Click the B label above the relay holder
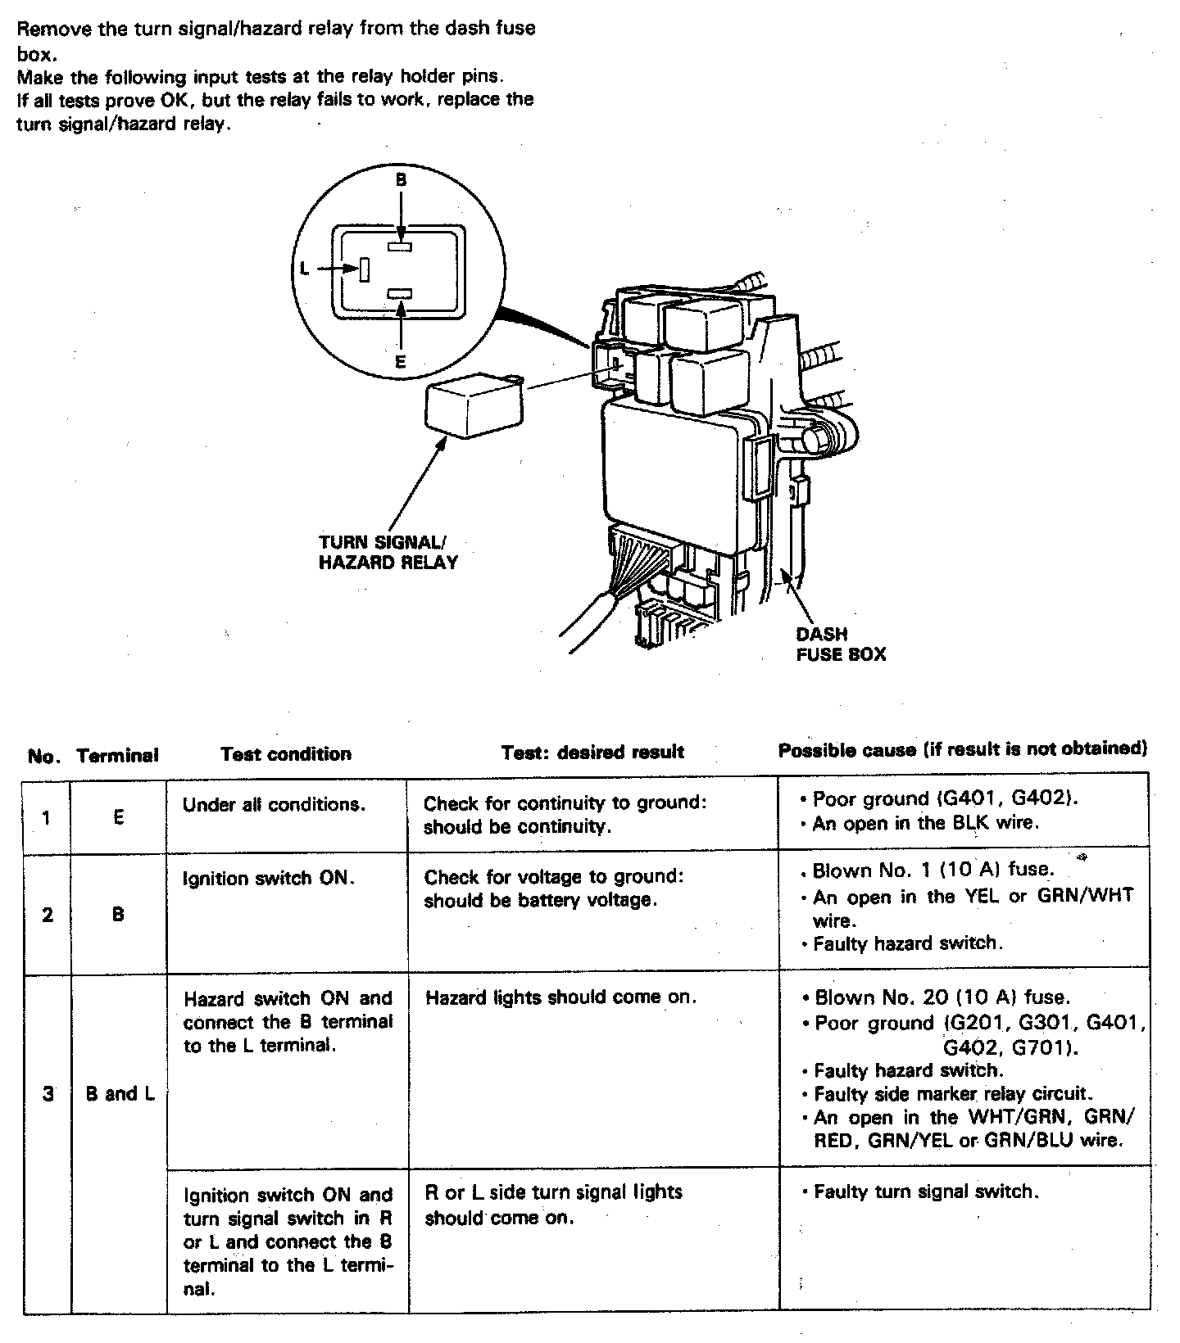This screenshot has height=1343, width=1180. pyautogui.click(x=401, y=180)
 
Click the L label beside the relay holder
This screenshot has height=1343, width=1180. pyautogui.click(x=304, y=268)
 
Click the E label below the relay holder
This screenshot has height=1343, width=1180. pyautogui.click(x=401, y=360)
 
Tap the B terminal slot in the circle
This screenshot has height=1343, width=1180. pyautogui.click(x=400, y=244)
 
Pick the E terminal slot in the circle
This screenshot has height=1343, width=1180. pyautogui.click(x=400, y=293)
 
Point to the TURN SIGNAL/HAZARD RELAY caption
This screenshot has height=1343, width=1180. pyautogui.click(x=388, y=553)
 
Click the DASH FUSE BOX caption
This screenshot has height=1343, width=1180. pyautogui.click(x=841, y=644)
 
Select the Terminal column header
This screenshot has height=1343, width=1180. pyautogui.click(x=117, y=755)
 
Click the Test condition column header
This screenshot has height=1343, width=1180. pyautogui.click(x=286, y=754)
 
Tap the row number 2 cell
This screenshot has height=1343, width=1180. pyautogui.click(x=48, y=914)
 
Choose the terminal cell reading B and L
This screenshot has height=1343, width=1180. pyautogui.click(x=120, y=1093)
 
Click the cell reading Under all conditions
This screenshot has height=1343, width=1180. pyautogui.click(x=274, y=805)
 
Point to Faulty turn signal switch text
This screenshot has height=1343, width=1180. pyautogui.click(x=926, y=1192)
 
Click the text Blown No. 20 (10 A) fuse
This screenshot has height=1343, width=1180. pyautogui.click(x=942, y=997)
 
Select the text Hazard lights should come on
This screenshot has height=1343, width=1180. pyautogui.click(x=560, y=997)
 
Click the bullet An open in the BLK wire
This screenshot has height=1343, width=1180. pyautogui.click(x=926, y=823)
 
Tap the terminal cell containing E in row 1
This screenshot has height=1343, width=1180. pyautogui.click(x=119, y=816)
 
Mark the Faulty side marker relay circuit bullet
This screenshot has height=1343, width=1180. pyautogui.click(x=955, y=1094)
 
